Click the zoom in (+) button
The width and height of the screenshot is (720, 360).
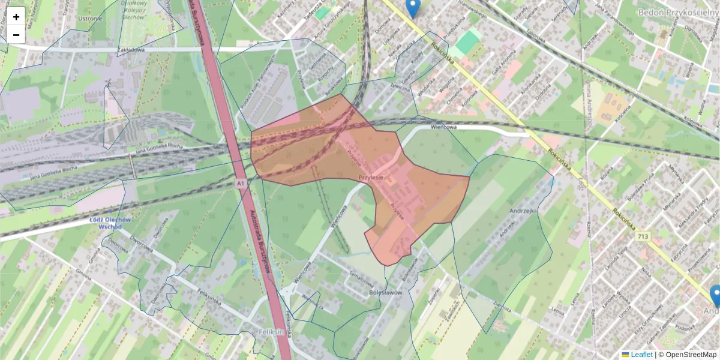click(16, 17)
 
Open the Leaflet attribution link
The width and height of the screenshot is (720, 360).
click(641, 355)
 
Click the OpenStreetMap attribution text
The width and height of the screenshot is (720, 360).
click(691, 355)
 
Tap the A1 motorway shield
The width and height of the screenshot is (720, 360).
click(241, 182)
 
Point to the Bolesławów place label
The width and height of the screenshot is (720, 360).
click(385, 293)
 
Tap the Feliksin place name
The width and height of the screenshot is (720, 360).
click(273, 332)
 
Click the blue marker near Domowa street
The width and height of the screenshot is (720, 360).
click(412, 8)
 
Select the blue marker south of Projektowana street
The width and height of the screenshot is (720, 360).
click(715, 296)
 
